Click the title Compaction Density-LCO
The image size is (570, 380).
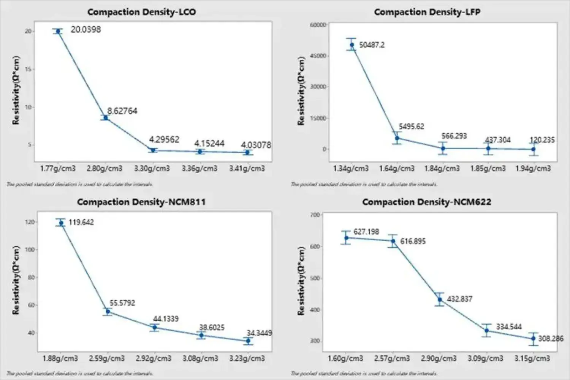click(141, 12)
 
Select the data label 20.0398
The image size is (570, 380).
click(86, 30)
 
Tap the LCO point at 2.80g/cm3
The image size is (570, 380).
click(106, 118)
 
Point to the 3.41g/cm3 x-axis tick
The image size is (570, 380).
click(247, 168)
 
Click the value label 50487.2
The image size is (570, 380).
click(372, 45)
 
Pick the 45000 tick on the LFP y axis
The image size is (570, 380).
click(319, 56)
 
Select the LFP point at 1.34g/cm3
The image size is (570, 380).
click(351, 45)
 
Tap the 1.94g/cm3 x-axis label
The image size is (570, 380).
click(533, 168)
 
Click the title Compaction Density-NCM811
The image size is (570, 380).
click(141, 202)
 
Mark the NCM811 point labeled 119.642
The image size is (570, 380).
click(61, 223)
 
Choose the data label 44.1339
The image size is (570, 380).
click(166, 319)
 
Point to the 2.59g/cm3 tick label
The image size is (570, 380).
click(107, 358)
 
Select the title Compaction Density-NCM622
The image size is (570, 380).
click(426, 202)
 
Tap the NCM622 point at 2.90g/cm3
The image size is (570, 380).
click(440, 299)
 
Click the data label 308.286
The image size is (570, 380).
click(551, 338)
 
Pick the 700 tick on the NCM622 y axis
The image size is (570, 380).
click(315, 215)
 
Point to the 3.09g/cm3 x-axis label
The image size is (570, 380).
click(485, 358)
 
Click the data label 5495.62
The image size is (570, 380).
click(411, 127)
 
